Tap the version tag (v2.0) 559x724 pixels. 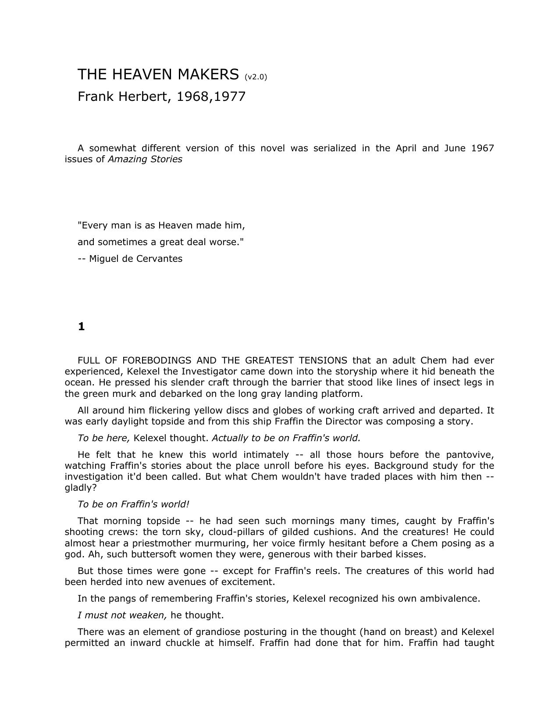[256, 77]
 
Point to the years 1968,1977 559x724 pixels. [211, 96]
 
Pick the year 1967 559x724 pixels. [483, 148]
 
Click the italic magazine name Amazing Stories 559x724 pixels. [145, 159]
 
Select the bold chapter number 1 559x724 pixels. [81, 327]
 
